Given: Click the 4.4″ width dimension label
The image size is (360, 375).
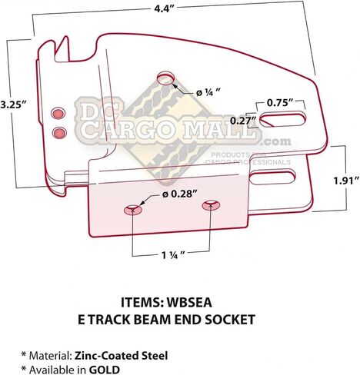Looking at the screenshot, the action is click(x=164, y=8).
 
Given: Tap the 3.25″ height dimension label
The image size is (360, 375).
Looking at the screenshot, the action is click(x=13, y=105).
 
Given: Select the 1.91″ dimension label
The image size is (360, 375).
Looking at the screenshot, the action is click(x=346, y=181).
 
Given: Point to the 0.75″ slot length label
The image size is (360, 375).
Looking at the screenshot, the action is click(x=280, y=103).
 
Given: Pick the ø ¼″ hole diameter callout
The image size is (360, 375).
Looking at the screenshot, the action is click(x=208, y=92).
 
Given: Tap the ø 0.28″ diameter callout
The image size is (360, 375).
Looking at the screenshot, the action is click(x=181, y=194).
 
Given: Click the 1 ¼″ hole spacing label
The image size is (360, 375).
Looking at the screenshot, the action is click(x=173, y=255).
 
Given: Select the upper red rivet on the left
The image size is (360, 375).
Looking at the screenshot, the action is click(x=58, y=113).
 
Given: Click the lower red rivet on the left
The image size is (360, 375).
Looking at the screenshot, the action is click(x=59, y=132).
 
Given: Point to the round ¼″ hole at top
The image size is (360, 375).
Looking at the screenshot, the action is click(x=165, y=78).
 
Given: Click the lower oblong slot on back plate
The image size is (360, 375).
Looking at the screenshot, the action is click(x=272, y=178).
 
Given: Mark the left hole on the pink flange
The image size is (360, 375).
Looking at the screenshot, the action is click(x=133, y=209).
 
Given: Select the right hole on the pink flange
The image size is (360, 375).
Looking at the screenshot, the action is click(x=211, y=205).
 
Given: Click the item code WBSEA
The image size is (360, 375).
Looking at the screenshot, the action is click(x=189, y=303).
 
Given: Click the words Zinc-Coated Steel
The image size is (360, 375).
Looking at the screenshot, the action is click(x=121, y=356).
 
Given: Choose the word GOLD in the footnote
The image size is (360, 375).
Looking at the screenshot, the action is click(x=105, y=370).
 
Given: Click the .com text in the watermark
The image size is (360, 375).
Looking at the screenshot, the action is click(x=276, y=141).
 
